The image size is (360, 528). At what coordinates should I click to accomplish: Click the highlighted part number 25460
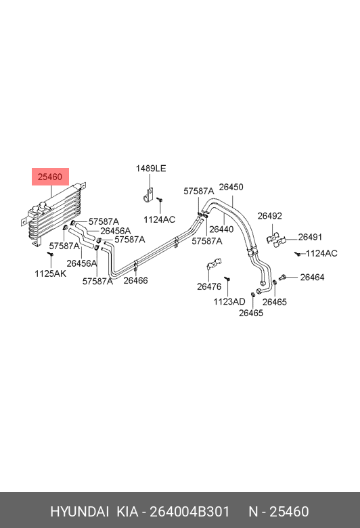(x=50, y=177)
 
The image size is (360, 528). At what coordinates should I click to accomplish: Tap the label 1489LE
(x=151, y=169)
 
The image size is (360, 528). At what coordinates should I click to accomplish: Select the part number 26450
(x=231, y=188)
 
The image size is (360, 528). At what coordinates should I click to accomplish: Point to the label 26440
(x=221, y=229)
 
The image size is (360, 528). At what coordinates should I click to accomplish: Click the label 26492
(x=270, y=216)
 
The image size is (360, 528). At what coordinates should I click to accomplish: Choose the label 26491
(x=310, y=237)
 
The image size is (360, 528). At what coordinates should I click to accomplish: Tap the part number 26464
(x=312, y=277)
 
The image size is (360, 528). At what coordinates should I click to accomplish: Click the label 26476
(x=209, y=286)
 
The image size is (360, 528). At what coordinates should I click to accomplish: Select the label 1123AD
(x=229, y=302)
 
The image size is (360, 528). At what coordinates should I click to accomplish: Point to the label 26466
(x=135, y=280)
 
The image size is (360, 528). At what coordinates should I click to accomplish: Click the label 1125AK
(x=51, y=273)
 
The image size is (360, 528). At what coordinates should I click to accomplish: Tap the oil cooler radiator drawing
(x=54, y=213)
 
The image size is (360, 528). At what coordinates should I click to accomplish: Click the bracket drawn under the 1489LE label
(x=148, y=196)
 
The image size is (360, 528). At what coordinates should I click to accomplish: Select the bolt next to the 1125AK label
(x=51, y=255)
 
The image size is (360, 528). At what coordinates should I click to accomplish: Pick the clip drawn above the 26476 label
(x=214, y=264)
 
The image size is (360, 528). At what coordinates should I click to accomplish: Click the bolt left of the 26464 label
(x=282, y=278)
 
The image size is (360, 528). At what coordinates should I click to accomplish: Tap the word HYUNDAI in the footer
(x=79, y=512)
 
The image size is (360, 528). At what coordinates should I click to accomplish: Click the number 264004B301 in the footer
(x=189, y=512)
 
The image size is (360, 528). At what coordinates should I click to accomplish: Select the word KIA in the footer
(x=127, y=512)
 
